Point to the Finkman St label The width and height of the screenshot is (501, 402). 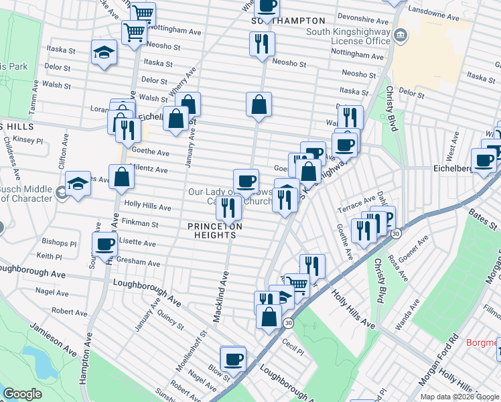click(x=140, y=224)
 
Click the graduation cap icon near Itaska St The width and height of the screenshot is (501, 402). click(x=103, y=52)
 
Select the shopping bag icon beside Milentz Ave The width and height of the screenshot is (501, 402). click(x=123, y=177)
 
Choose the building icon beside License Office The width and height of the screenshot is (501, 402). click(x=400, y=35)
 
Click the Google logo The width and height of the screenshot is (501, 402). click(x=22, y=394)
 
